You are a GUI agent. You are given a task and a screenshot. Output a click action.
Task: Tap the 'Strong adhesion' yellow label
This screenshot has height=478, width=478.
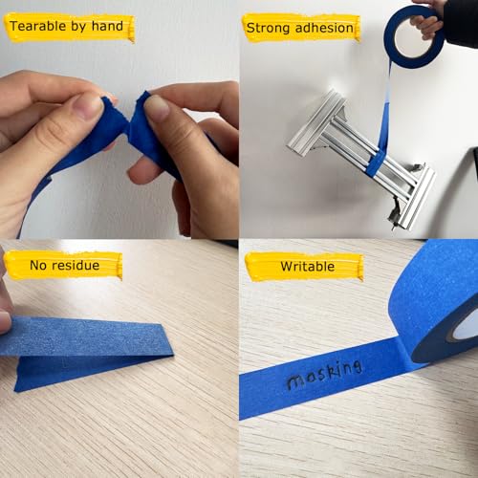(x=301, y=28)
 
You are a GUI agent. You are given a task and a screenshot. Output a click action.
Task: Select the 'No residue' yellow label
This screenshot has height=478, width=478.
(x=64, y=265)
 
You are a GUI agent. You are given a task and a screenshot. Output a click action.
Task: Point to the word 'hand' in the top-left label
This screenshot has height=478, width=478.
(x=106, y=26)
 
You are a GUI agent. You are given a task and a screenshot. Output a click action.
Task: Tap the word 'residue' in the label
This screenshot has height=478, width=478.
(x=77, y=265)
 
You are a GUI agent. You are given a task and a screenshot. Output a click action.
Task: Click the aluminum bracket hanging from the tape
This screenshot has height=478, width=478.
(x=363, y=158)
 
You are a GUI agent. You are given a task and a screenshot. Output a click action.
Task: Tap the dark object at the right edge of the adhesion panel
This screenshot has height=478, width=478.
(x=470, y=158)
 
